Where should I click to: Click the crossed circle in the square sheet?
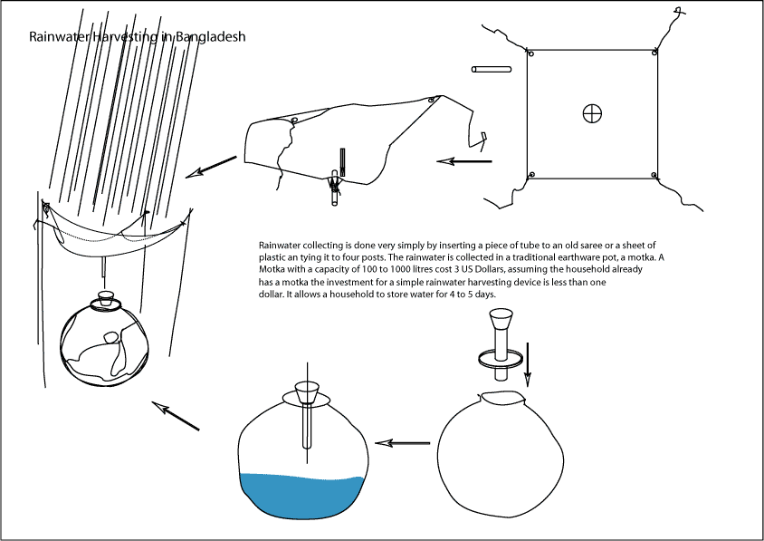(592, 113)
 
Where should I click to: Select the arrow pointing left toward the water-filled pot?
(403, 443)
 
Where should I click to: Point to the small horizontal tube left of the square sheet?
(492, 69)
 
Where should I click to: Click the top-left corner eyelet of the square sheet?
(531, 54)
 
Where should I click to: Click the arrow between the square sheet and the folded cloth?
(464, 161)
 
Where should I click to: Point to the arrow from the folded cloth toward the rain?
(211, 167)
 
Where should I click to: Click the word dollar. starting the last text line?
(273, 295)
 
